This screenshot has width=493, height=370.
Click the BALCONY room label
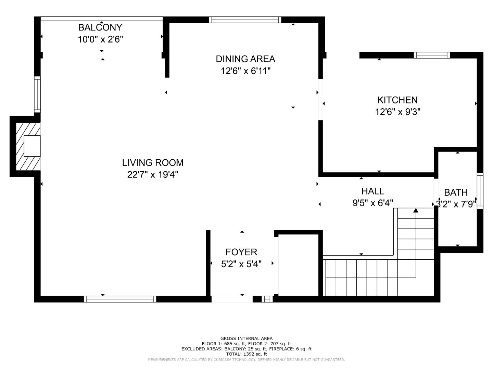[100, 27]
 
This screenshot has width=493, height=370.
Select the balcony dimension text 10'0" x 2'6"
[100, 39]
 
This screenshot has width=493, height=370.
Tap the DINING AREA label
[245, 59]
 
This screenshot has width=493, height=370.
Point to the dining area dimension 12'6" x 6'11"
[245, 71]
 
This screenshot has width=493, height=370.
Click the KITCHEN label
[397, 100]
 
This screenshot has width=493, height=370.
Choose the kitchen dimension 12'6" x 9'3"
[397, 112]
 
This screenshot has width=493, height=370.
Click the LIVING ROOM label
[153, 162]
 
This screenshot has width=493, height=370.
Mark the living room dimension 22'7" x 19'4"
[153, 174]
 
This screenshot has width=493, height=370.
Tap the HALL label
[372, 191]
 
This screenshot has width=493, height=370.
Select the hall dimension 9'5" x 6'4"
[372, 203]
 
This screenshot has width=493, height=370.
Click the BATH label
[456, 193]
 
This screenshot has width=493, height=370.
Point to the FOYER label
[241, 252]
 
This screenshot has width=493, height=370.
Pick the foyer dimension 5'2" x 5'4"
[241, 264]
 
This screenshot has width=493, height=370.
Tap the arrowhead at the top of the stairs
[416, 210]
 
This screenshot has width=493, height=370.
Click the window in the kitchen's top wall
[431, 55]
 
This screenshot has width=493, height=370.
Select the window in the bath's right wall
[480, 191]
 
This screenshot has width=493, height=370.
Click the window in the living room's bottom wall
[120, 299]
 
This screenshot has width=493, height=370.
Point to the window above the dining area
[245, 20]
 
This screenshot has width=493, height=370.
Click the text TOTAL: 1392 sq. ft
[246, 354]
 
